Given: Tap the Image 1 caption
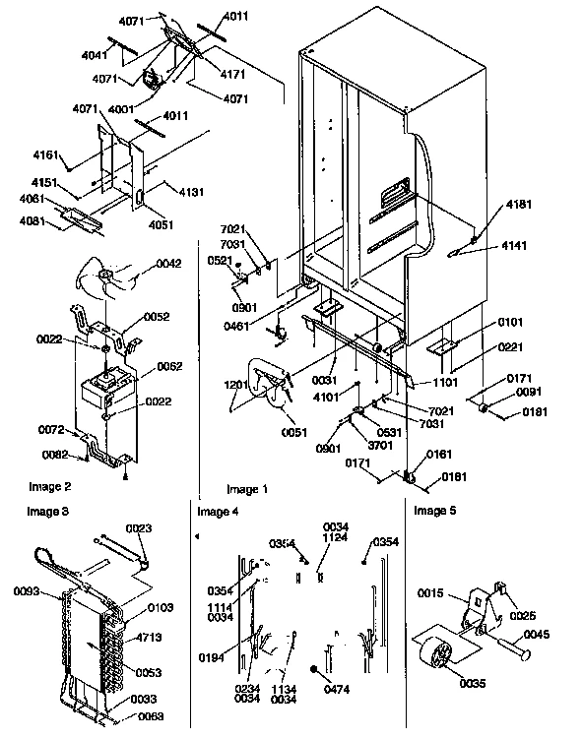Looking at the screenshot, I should [x=247, y=489].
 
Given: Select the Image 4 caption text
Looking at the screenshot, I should [x=218, y=512].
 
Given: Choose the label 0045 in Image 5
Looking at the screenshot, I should [x=537, y=634].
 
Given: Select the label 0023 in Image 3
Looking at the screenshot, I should [x=139, y=528].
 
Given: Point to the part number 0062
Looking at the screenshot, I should [x=169, y=366].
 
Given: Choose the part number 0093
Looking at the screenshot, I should [x=27, y=591].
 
